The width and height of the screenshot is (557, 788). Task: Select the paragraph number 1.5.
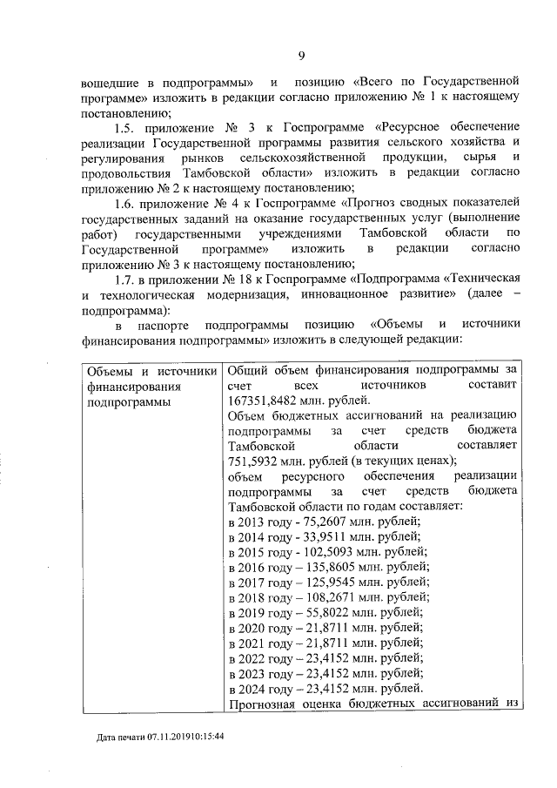(x=127, y=127)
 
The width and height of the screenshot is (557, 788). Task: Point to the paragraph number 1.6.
(x=127, y=203)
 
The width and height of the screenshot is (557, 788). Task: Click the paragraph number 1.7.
(x=127, y=279)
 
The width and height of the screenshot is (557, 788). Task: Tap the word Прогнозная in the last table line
(x=260, y=705)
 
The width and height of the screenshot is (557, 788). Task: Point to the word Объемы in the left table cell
(x=109, y=371)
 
